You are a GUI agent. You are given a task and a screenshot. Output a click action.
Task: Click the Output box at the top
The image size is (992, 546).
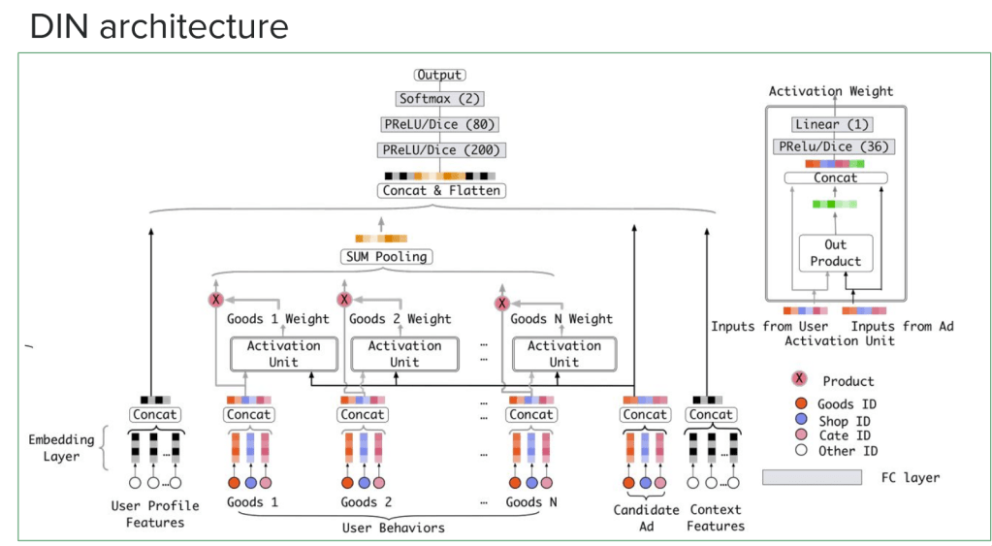(x=439, y=75)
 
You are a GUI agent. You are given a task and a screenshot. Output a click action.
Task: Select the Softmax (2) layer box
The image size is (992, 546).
(x=439, y=99)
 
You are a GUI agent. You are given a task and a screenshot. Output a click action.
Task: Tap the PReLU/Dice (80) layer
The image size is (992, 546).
(x=439, y=124)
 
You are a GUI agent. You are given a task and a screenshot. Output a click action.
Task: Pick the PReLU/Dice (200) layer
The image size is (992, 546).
(x=439, y=150)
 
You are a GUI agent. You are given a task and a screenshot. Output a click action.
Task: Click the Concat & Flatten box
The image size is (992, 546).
(x=441, y=191)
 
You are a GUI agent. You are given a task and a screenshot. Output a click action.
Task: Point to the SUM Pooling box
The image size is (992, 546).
(x=387, y=257)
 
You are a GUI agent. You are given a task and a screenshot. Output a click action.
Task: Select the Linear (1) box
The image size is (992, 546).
(x=832, y=124)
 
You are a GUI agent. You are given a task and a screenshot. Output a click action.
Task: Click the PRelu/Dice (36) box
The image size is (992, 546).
(x=832, y=146)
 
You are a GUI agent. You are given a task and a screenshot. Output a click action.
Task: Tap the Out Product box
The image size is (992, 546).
(x=835, y=253)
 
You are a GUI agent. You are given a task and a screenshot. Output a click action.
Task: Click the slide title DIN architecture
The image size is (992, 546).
(x=159, y=26)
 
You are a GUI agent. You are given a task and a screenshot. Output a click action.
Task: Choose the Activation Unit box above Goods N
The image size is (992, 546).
(x=563, y=353)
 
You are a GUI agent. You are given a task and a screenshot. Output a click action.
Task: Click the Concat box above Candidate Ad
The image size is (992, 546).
(x=645, y=414)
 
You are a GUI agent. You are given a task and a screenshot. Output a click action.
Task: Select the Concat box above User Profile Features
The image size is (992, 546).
(x=155, y=414)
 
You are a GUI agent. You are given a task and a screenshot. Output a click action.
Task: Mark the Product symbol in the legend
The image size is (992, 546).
(x=798, y=380)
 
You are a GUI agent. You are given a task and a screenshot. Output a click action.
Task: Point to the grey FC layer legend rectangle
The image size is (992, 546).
(x=812, y=477)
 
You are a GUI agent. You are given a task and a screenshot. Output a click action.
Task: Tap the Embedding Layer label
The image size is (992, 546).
(x=61, y=448)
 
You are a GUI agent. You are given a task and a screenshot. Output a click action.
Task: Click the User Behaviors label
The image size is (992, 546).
(x=393, y=528)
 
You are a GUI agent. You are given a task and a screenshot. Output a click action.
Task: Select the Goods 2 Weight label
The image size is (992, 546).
(x=400, y=319)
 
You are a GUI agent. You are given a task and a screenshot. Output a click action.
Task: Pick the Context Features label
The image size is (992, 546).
(x=717, y=517)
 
